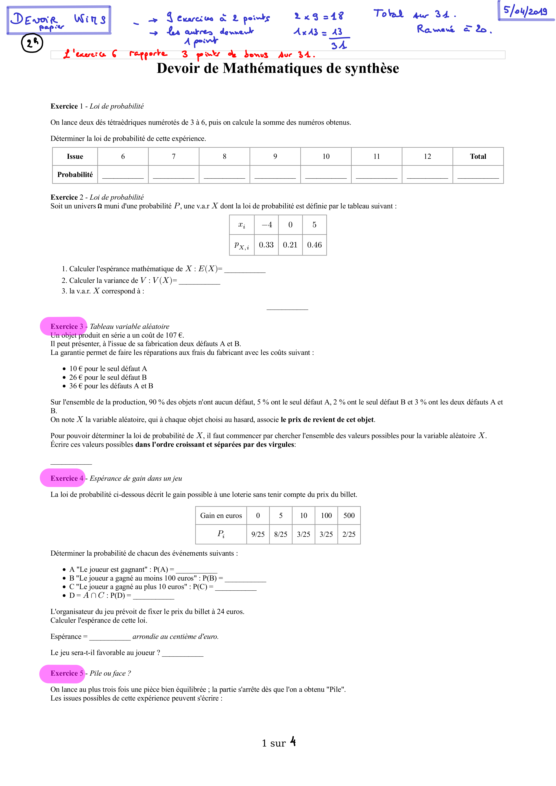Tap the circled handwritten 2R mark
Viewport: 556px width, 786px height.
point(32,44)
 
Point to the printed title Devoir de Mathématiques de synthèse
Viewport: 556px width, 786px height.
point(278,68)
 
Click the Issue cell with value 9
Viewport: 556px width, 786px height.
point(275,156)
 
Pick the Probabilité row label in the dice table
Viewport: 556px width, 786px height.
point(75,175)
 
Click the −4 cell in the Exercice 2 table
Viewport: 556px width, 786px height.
point(266,225)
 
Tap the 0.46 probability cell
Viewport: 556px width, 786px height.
point(314,245)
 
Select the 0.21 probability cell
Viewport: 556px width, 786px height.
point(290,245)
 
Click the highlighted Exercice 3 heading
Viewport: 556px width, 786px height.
point(67,326)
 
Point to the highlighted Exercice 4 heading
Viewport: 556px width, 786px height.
point(67,478)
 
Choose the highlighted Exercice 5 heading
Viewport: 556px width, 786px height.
point(67,673)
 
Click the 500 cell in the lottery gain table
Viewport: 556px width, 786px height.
point(349,515)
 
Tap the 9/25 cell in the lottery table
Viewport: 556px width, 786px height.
point(258,534)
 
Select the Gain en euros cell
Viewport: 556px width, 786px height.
point(221,515)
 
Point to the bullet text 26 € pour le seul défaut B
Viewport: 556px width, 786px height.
point(108,377)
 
